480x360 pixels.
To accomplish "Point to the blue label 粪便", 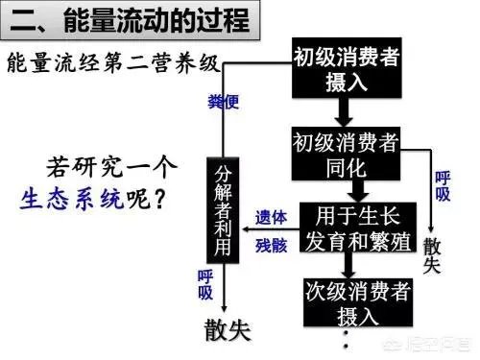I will pyautogui.click(x=224, y=101).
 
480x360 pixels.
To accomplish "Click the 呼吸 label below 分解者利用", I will pyautogui.click(x=204, y=285).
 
